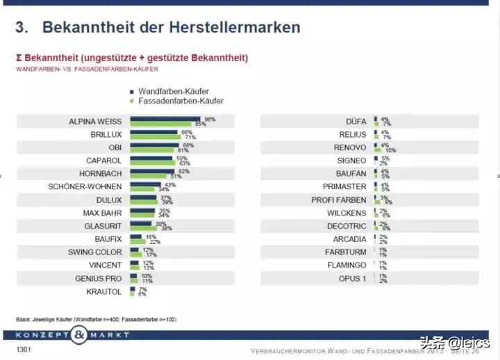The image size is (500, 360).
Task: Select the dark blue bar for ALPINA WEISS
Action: (x=165, y=119)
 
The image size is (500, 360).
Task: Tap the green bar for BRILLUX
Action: (x=161, y=138)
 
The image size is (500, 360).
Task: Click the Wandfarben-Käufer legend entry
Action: (x=173, y=91)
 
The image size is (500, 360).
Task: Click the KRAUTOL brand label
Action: (x=106, y=291)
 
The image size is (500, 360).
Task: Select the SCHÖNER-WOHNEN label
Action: (x=85, y=186)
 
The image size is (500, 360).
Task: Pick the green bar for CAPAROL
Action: (x=153, y=164)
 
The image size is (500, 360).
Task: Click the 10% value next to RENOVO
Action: (x=390, y=150)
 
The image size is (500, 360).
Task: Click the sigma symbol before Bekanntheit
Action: (x=20, y=57)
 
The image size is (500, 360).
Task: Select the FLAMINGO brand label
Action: (x=347, y=265)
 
